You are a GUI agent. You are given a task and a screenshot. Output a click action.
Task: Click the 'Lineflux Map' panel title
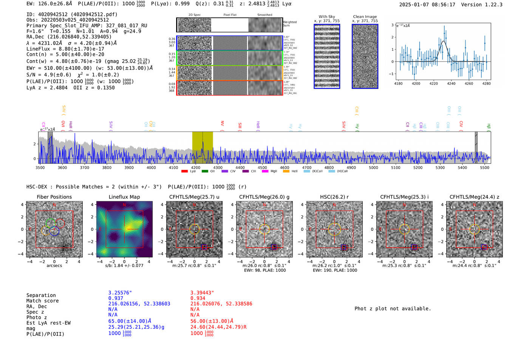(124, 197)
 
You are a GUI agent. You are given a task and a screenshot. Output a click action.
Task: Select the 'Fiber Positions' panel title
(54, 197)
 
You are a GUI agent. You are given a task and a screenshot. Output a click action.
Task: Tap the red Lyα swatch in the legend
(184, 171)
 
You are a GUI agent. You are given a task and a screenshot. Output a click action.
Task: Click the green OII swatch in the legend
(205, 171)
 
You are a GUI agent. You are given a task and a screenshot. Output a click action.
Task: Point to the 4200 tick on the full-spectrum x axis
(195, 167)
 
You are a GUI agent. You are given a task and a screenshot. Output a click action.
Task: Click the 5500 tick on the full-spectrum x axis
(484, 167)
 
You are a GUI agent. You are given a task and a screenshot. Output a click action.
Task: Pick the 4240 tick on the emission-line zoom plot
(451, 83)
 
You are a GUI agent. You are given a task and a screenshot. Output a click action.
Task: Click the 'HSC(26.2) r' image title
(334, 197)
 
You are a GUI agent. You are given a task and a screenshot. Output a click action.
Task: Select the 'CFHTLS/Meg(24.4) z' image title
(474, 197)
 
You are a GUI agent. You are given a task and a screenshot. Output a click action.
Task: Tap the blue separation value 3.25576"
(120, 293)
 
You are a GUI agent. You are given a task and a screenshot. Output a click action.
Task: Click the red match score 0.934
(198, 298)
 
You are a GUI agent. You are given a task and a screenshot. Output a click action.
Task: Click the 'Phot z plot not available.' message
(393, 309)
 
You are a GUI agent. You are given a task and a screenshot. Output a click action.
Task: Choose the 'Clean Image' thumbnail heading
(365, 17)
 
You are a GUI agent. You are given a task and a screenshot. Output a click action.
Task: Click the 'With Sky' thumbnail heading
(326, 17)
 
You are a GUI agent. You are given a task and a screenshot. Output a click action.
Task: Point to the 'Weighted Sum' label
(289, 24)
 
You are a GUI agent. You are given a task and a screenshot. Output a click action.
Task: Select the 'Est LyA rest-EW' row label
(48, 323)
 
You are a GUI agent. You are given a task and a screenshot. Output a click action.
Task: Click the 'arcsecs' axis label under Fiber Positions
(54, 266)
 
